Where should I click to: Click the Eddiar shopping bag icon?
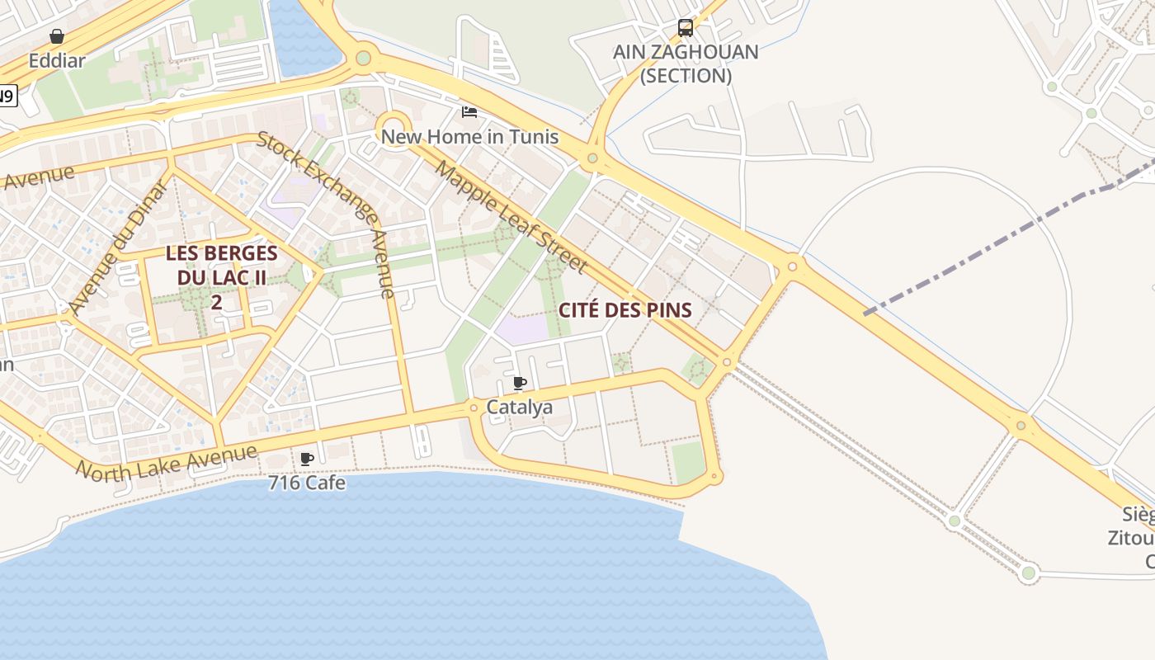(57, 36)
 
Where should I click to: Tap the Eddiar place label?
(57, 60)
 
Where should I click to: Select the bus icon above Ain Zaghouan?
(685, 28)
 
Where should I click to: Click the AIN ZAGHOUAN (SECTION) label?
(685, 64)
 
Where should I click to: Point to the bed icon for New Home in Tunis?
(469, 111)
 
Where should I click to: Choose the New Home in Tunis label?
(469, 136)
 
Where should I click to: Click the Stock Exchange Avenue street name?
(328, 213)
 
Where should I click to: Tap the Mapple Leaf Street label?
(511, 217)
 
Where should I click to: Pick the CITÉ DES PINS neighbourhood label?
(625, 310)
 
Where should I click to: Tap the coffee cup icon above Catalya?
(520, 383)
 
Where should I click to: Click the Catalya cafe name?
(520, 407)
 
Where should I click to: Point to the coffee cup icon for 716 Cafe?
(307, 459)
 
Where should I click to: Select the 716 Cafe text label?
(307, 483)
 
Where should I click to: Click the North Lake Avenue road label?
(166, 461)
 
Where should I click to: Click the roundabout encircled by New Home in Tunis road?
(394, 129)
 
